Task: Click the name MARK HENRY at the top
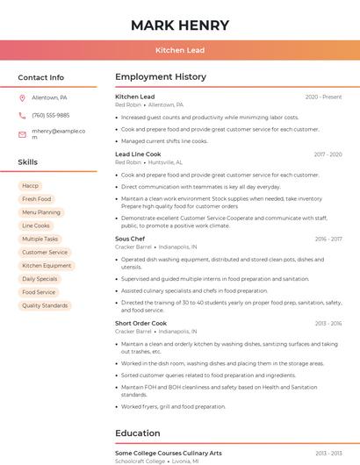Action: coord(179,25)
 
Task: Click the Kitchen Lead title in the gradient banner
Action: coord(179,50)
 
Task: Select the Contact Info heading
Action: coord(41,77)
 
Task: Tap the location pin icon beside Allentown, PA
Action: coord(22,98)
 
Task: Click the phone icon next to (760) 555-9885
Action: coord(22,115)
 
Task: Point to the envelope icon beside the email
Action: coord(22,134)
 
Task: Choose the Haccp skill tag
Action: coord(31,186)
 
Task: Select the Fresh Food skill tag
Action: coord(37,199)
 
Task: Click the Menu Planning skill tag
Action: coord(41,212)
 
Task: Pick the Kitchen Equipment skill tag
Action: coord(47,266)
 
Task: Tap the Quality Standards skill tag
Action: coord(45,305)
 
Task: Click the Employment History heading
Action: coord(160,77)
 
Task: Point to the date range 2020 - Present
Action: coord(323,97)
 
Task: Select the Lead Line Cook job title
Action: coord(138,154)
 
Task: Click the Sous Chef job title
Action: coord(130,239)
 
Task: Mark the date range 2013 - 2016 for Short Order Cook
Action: coord(328,323)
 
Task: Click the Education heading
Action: coord(139,433)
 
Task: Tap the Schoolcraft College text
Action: coord(139,461)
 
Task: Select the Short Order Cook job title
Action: coord(140,323)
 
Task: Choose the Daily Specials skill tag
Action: coord(40,279)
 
